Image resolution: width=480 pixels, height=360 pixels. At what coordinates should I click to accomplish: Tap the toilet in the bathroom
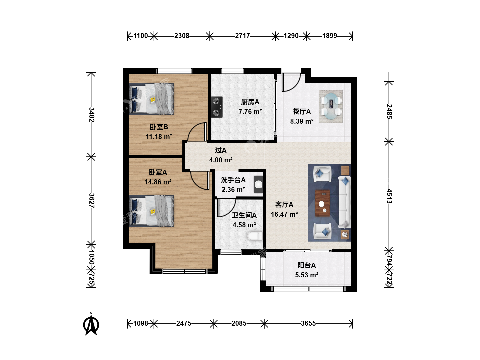255,236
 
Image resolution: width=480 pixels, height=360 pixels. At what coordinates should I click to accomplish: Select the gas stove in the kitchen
217,107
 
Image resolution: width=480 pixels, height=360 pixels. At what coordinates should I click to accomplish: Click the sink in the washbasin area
258,184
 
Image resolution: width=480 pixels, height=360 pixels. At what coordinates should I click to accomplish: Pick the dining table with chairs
331,106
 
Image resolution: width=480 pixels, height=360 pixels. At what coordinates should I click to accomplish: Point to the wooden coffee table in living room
323,203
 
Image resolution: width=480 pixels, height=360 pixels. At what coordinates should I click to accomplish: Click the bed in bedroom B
151,99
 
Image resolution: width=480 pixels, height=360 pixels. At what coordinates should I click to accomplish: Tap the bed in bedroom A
151,211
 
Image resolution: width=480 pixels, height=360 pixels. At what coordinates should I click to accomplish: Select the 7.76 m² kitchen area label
250,112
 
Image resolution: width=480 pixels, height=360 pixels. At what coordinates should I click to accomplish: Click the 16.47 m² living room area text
284,214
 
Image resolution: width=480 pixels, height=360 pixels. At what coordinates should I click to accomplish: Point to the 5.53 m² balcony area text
307,275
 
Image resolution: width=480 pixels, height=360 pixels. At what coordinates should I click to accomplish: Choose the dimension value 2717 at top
243,36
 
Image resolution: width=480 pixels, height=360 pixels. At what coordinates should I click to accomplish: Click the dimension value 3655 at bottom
308,323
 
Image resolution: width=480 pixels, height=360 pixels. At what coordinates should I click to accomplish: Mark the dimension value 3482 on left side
92,115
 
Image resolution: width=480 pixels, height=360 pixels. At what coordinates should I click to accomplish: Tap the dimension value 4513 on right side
389,196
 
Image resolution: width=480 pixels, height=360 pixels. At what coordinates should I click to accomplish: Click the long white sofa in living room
345,202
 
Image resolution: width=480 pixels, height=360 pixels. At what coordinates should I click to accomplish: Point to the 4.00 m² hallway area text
221,160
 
